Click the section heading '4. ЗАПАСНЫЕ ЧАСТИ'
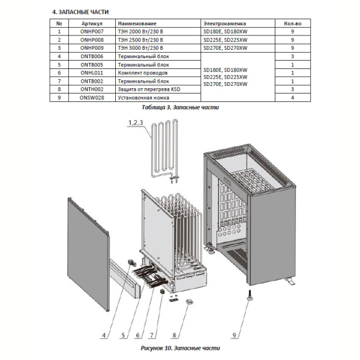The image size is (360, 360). [x=80, y=12]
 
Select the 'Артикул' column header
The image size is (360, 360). [x=92, y=23]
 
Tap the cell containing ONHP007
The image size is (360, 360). [x=92, y=31]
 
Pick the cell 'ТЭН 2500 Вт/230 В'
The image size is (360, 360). [x=140, y=40]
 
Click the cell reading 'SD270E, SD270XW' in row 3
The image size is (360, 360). [x=226, y=48]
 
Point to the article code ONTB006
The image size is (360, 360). [x=92, y=56]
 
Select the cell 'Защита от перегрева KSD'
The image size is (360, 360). [x=149, y=89]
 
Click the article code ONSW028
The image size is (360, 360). [x=92, y=98]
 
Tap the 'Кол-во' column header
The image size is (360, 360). [x=293, y=23]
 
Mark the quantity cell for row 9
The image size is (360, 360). [x=293, y=98]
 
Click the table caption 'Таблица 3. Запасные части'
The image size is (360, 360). [x=180, y=107]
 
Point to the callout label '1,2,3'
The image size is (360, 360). [x=136, y=122]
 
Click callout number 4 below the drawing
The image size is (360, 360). [x=104, y=335]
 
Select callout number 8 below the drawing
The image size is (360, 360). [x=174, y=335]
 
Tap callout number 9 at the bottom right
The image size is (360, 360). [x=234, y=335]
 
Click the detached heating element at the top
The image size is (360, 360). [x=164, y=151]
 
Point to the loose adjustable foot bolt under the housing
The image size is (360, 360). [x=248, y=295]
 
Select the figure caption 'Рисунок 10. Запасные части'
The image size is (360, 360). [x=180, y=348]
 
